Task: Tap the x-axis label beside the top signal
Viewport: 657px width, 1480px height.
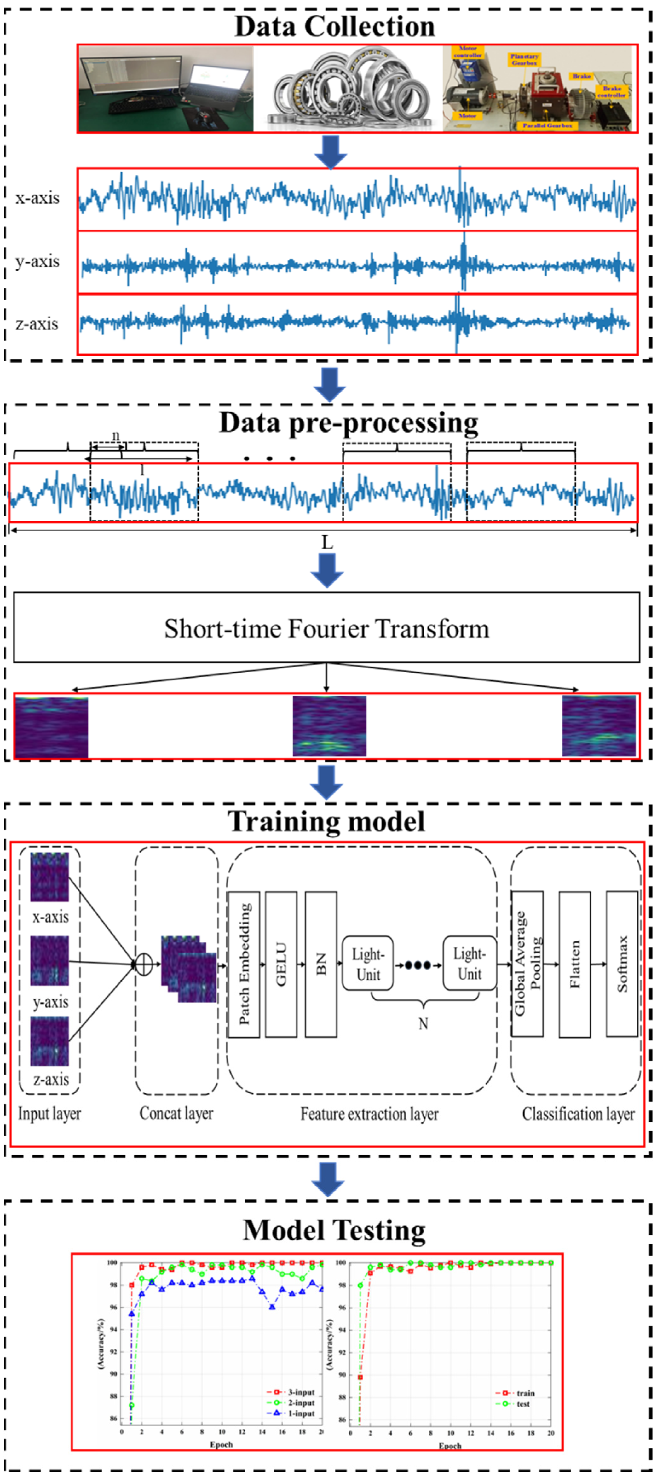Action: tap(37, 198)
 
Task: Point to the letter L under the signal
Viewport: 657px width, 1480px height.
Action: tap(327, 542)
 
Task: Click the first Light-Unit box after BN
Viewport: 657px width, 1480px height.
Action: tap(367, 964)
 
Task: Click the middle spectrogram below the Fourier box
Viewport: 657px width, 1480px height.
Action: tap(329, 725)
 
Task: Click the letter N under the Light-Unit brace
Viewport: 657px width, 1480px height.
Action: tap(423, 1023)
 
